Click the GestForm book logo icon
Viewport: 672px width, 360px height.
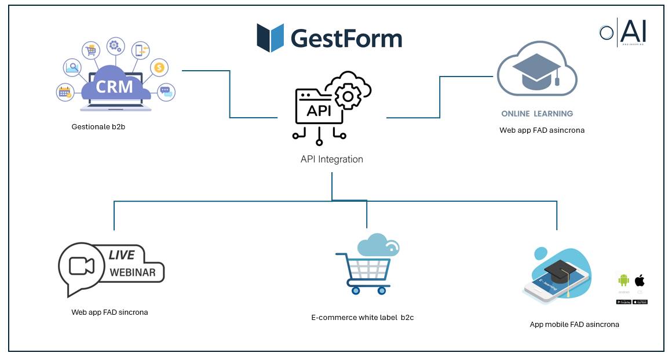click(x=271, y=38)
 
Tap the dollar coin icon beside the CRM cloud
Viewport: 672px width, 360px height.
click(x=159, y=68)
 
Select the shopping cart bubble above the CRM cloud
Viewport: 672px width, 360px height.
click(x=91, y=50)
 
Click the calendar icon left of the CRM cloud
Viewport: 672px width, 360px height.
click(x=64, y=92)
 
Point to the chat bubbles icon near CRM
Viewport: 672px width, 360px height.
click(x=166, y=92)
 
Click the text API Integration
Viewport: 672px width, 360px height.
click(x=332, y=159)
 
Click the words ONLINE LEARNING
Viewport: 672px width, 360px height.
click(x=537, y=114)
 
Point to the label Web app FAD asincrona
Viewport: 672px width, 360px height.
click(x=542, y=130)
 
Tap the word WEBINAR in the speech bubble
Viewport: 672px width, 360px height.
click(x=133, y=272)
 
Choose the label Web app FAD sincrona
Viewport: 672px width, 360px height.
click(x=109, y=312)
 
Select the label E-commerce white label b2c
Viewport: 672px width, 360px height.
click(x=363, y=317)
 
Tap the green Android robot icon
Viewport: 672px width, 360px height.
click(x=623, y=280)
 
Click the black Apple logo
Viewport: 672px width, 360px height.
click(x=640, y=280)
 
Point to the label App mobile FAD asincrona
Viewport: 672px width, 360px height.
click(x=574, y=324)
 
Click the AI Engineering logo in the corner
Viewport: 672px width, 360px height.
click(x=623, y=31)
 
